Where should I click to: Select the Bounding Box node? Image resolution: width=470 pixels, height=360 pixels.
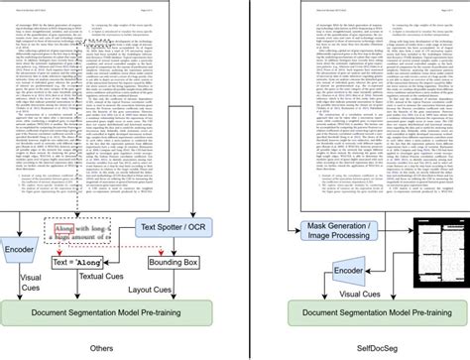point(176,263)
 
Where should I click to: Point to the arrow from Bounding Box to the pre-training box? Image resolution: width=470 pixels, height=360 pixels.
point(176,287)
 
